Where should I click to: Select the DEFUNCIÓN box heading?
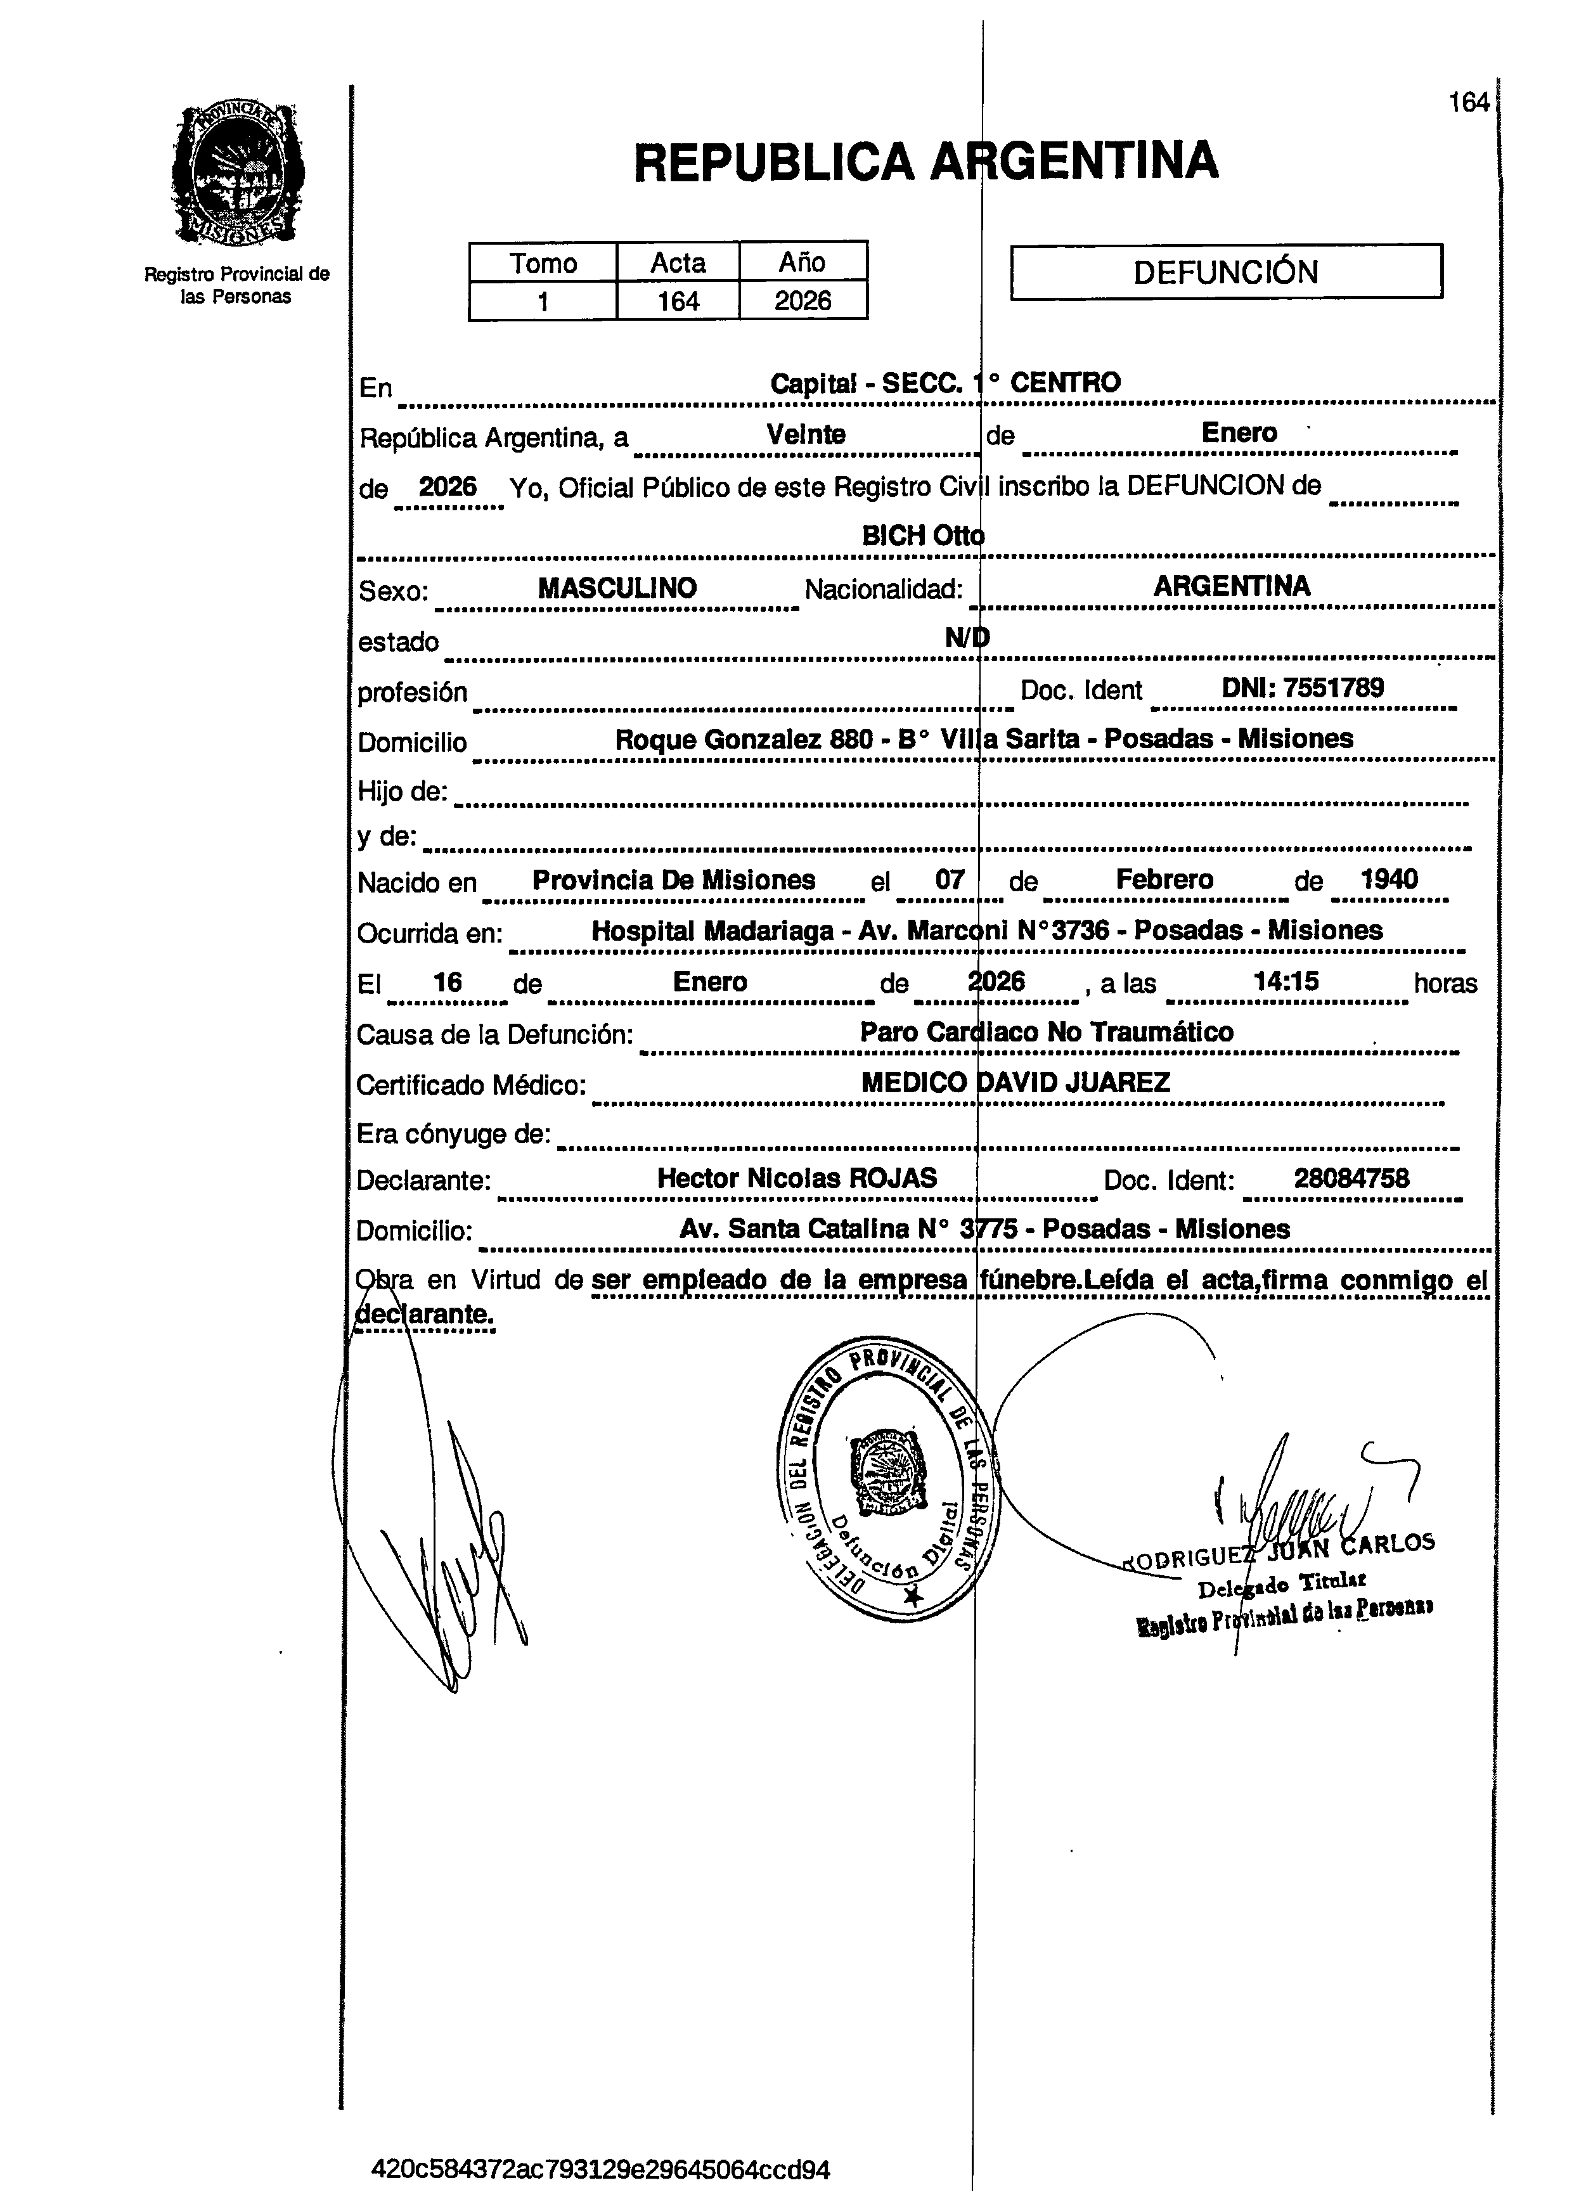pyautogui.click(x=1225, y=271)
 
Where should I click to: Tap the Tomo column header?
pyautogui.click(x=543, y=262)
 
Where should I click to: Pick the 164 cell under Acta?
pyautogui.click(x=678, y=300)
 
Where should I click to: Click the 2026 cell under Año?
pyautogui.click(x=803, y=300)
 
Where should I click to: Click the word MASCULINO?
pyautogui.click(x=617, y=588)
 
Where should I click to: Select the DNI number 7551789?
pyautogui.click(x=1332, y=688)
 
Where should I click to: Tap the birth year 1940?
pyautogui.click(x=1389, y=879)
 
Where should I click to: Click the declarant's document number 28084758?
pyautogui.click(x=1351, y=1178)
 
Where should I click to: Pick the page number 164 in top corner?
pyautogui.click(x=1469, y=102)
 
